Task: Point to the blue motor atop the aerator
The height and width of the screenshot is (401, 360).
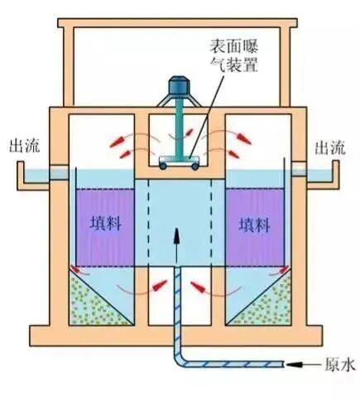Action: point(177,86)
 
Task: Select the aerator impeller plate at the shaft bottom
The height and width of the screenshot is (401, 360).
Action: point(177,159)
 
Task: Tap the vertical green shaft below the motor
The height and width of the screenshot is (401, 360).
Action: point(176,128)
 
